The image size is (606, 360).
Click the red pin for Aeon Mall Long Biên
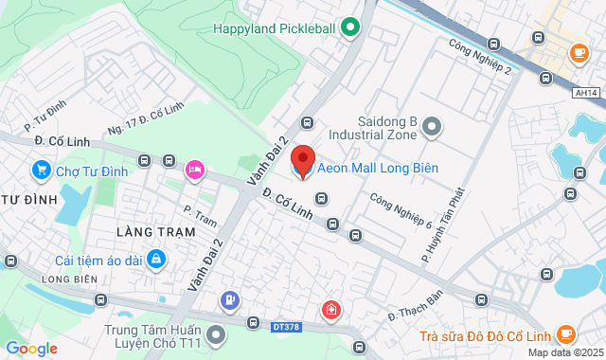coord(302,162)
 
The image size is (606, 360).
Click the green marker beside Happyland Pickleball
coord(350,27)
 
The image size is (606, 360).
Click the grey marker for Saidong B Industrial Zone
coord(432,125)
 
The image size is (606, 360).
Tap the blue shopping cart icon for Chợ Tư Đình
coord(40,171)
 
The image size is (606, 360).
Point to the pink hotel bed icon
coord(195,169)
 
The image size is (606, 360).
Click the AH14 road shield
coord(587,93)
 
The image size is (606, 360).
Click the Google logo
coord(31,348)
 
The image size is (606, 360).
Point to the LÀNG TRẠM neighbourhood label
coord(155,231)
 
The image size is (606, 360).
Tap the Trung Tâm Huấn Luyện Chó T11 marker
coord(217,333)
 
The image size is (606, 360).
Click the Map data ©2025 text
coord(563,352)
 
